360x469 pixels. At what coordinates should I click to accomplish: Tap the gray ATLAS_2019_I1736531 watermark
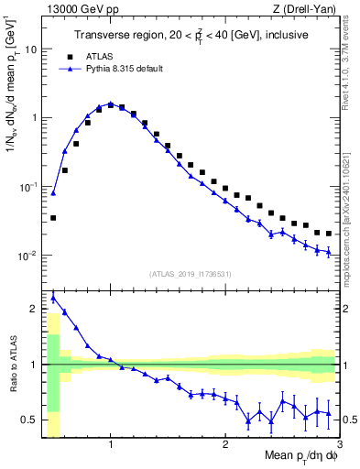coord(191,274)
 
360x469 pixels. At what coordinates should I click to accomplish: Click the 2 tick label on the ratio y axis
coord(33,308)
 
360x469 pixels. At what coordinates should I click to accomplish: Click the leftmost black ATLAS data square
coord(53,218)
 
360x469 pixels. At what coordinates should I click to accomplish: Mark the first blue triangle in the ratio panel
coord(53,298)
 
